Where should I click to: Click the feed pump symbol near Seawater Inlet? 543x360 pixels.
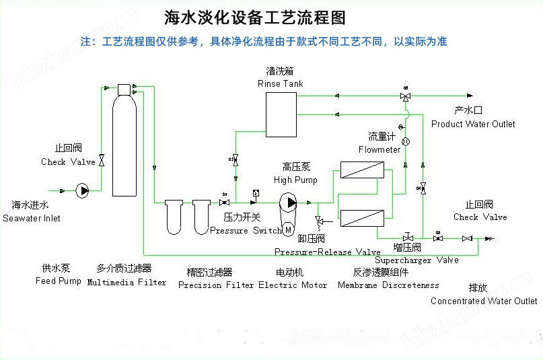pos(83,190)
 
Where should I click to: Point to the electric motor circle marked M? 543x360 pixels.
pos(289,230)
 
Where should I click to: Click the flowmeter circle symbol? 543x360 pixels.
pos(406,141)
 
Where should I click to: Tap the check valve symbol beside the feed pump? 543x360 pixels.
pos(102,160)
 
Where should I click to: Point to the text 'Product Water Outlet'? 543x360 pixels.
pos(473,124)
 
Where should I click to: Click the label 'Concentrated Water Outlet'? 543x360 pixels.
pos(484,301)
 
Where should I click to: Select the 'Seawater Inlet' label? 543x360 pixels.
pos(32,218)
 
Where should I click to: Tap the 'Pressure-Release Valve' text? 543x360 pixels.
pos(327,252)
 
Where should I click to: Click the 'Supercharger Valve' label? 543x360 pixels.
pos(417,260)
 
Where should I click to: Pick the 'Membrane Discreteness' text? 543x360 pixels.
pos(388,285)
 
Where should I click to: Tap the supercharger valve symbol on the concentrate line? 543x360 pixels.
pos(408,238)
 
